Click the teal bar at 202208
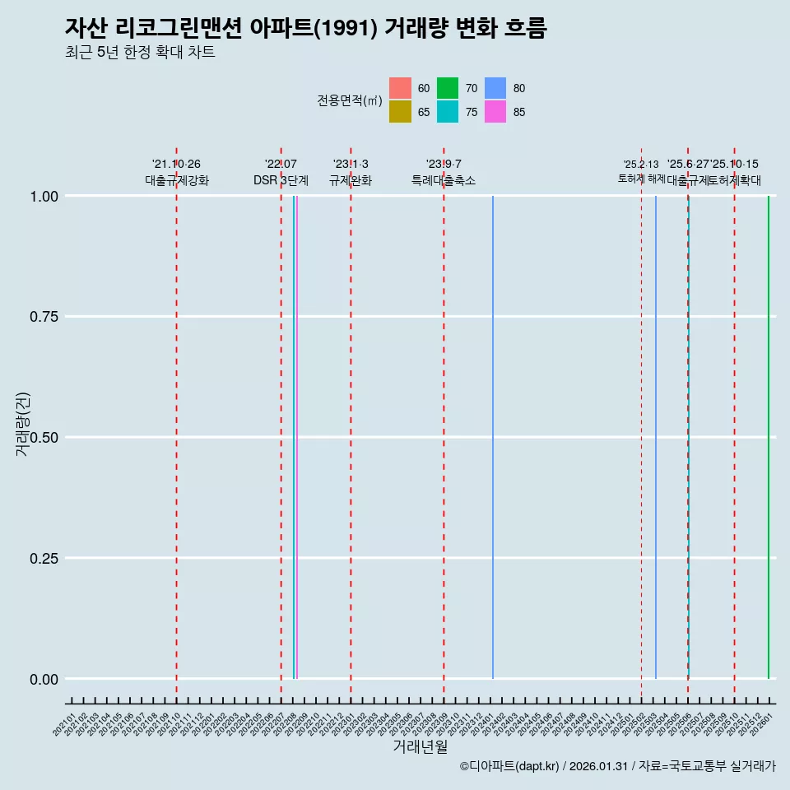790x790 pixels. tap(293, 436)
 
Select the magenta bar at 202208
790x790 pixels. tap(296, 436)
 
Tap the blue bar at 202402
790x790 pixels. tap(493, 436)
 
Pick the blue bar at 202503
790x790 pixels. tap(656, 436)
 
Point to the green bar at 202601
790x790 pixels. tap(769, 436)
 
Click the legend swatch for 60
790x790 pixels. tap(400, 88)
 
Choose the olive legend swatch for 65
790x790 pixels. tap(400, 112)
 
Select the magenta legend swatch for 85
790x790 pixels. tap(495, 112)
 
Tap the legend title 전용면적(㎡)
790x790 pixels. tap(350, 100)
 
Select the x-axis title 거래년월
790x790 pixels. tap(420, 747)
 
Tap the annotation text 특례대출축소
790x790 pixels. tap(444, 181)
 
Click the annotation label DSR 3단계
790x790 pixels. tap(281, 181)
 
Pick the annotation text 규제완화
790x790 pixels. tap(351, 181)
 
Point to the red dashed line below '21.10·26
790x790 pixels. tap(176, 436)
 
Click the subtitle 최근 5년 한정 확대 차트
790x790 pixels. tap(140, 53)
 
